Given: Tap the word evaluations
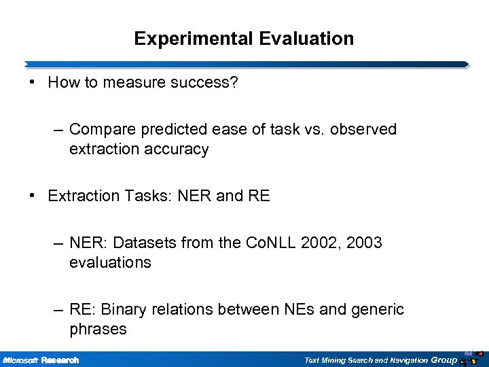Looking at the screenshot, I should click(x=110, y=262).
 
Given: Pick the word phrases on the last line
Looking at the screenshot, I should click(x=97, y=330).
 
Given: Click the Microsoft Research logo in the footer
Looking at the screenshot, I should click(x=41, y=360).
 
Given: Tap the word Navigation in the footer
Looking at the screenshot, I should click(x=405, y=360).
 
